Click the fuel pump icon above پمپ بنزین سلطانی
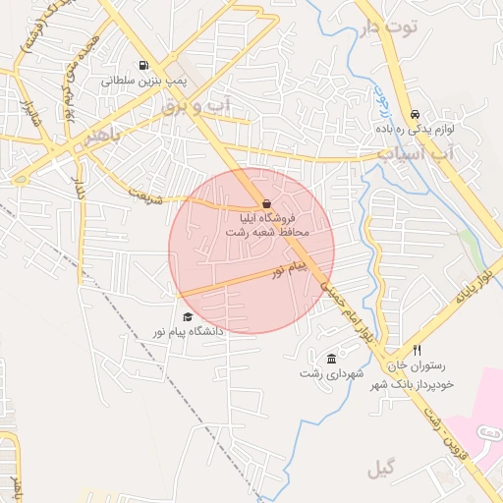[144, 67]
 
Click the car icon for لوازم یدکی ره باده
[416, 113]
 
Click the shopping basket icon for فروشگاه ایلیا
[268, 202]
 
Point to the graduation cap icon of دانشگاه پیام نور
[187, 316]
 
